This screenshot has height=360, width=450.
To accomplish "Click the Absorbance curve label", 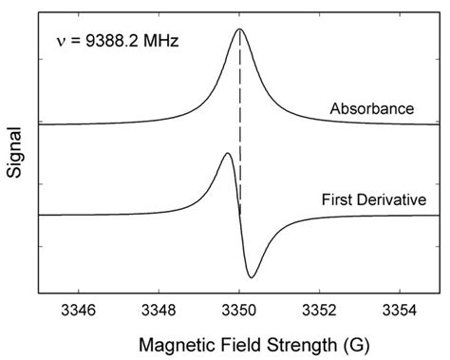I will [x=371, y=108].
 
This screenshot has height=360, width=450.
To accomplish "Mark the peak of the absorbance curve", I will [x=240, y=29].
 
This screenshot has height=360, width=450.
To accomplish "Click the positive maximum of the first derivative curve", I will [x=227, y=153].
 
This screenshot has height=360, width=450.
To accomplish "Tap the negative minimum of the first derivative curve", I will [x=252, y=277].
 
